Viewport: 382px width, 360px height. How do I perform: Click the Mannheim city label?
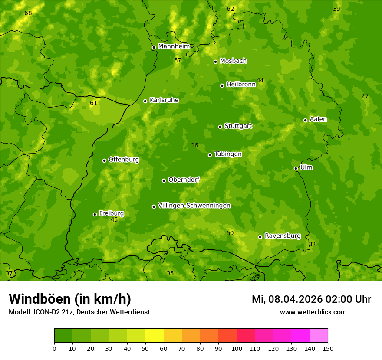[x=174, y=46]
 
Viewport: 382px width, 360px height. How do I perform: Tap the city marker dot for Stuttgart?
[x=220, y=127]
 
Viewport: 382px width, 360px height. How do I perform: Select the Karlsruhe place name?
[x=164, y=100]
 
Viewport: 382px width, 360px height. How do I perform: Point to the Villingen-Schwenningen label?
[x=194, y=206]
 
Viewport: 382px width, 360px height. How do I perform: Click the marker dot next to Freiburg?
[x=95, y=214]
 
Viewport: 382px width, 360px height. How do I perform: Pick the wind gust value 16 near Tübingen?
[x=194, y=146]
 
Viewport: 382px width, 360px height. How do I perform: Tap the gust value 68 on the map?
[x=28, y=13]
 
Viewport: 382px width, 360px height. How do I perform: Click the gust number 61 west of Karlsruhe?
[x=94, y=103]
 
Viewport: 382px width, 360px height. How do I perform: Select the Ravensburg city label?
[x=283, y=236]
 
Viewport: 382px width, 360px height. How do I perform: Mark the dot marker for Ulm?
[x=296, y=168]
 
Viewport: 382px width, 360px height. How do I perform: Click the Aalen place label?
[x=318, y=119]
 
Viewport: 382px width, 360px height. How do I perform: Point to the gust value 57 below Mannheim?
[x=178, y=61]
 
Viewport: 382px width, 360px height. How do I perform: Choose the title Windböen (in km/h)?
[x=70, y=299]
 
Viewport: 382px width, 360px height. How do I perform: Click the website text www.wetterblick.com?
[x=313, y=312]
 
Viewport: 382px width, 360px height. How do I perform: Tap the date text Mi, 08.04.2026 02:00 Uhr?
[x=311, y=299]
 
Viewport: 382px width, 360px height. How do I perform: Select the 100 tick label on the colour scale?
[x=237, y=348]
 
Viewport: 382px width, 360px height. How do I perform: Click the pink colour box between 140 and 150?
[x=319, y=336]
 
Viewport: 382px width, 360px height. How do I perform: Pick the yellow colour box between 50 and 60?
[x=155, y=336]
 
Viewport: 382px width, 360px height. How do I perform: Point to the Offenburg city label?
[x=124, y=160]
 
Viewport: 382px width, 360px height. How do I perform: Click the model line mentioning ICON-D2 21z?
[x=79, y=312]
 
